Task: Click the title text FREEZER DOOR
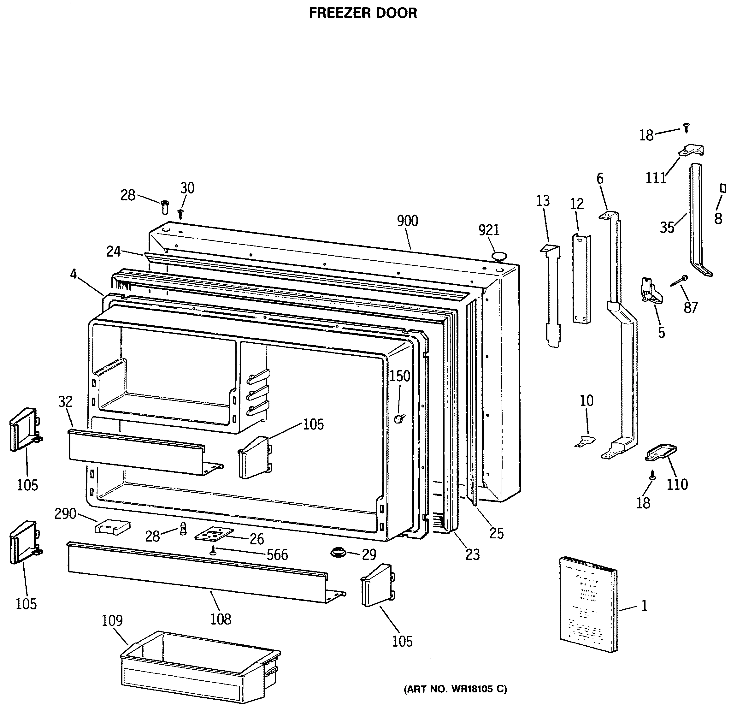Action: click(x=363, y=13)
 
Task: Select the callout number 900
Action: click(x=407, y=221)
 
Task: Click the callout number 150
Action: click(x=399, y=376)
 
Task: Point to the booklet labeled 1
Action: click(x=587, y=607)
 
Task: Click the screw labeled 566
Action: click(x=213, y=551)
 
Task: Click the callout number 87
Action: click(x=690, y=308)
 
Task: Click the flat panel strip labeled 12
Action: click(x=581, y=279)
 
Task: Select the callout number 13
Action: click(x=543, y=201)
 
